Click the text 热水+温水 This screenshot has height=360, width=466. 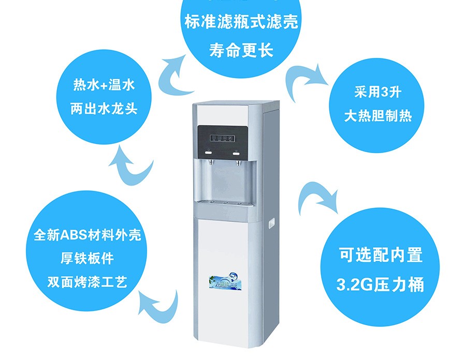(104, 85)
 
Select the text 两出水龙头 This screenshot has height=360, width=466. (104, 110)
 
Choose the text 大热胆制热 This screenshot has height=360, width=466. (378, 116)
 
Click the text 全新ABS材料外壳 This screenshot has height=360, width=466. (86, 236)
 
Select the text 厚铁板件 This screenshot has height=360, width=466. (86, 259)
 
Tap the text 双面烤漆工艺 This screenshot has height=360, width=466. (86, 282)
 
